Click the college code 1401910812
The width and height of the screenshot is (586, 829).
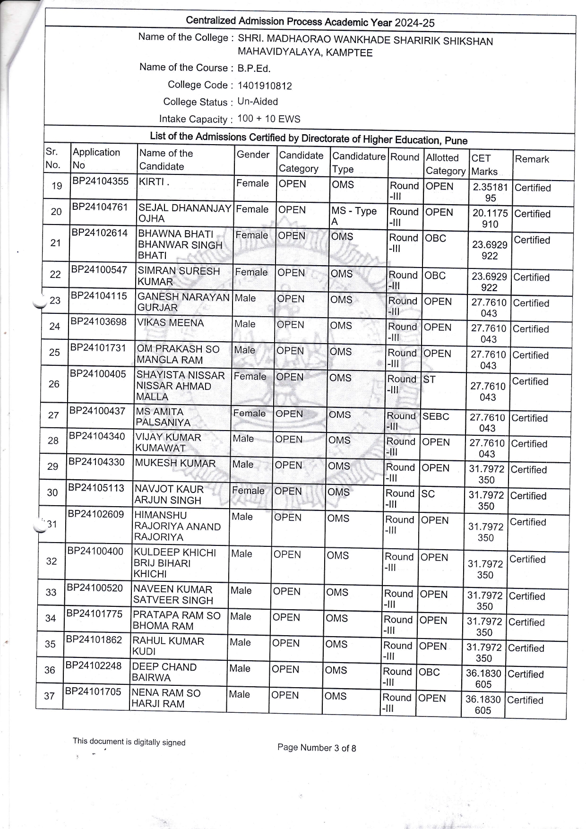pyautogui.click(x=265, y=86)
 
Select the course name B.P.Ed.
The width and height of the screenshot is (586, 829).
pyautogui.click(x=254, y=69)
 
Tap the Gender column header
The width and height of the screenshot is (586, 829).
pyautogui.click(x=253, y=155)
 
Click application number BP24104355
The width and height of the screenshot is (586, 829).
pyautogui.click(x=100, y=181)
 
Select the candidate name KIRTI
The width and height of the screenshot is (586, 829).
pyautogui.click(x=152, y=182)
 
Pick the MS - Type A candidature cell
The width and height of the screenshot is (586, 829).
pyautogui.click(x=353, y=216)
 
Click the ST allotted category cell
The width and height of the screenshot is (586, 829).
pyautogui.click(x=430, y=380)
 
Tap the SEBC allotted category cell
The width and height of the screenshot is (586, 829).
pyautogui.click(x=436, y=416)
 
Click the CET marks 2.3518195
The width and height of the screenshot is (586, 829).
pyautogui.click(x=490, y=192)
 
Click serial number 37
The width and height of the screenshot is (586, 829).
pyautogui.click(x=49, y=696)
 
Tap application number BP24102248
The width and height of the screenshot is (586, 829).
pyautogui.click(x=94, y=665)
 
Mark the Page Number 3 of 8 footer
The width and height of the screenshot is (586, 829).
pyautogui.click(x=317, y=748)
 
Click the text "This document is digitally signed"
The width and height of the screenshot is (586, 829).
pyautogui.click(x=129, y=742)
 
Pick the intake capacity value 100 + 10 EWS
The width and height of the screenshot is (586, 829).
pyautogui.click(x=268, y=119)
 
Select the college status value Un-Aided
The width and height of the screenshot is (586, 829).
pyautogui.click(x=258, y=102)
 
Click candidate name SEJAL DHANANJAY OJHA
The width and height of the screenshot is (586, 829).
pyautogui.click(x=184, y=213)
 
